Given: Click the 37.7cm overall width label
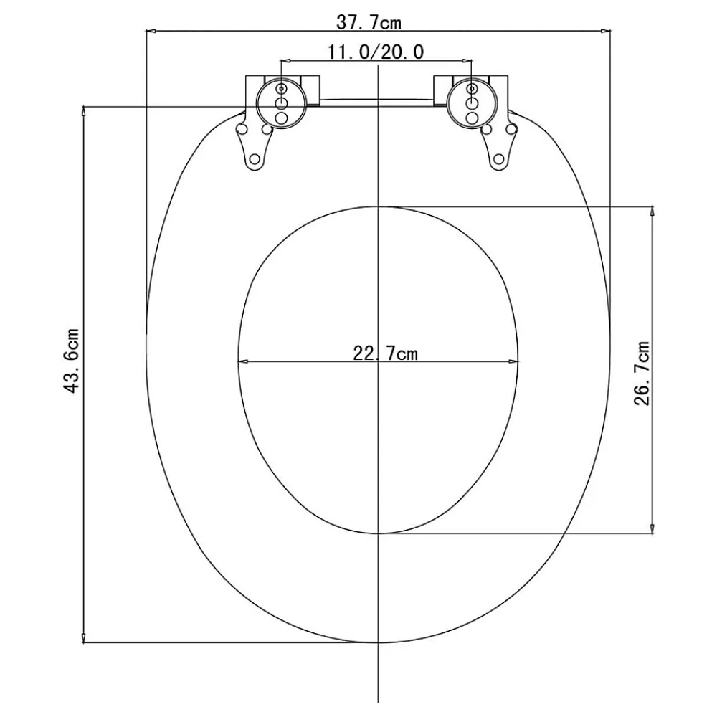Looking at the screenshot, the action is pyautogui.click(x=369, y=22).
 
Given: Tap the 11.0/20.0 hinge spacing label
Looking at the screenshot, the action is pyautogui.click(x=376, y=52).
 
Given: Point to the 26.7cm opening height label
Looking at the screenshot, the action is pyautogui.click(x=642, y=373).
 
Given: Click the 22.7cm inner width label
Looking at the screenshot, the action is pyautogui.click(x=386, y=353).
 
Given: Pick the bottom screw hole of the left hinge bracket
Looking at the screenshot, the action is pyautogui.click(x=255, y=160).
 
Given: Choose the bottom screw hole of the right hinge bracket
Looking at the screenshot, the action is pyautogui.click(x=499, y=160).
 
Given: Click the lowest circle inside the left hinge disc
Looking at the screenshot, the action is pyautogui.click(x=281, y=118).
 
